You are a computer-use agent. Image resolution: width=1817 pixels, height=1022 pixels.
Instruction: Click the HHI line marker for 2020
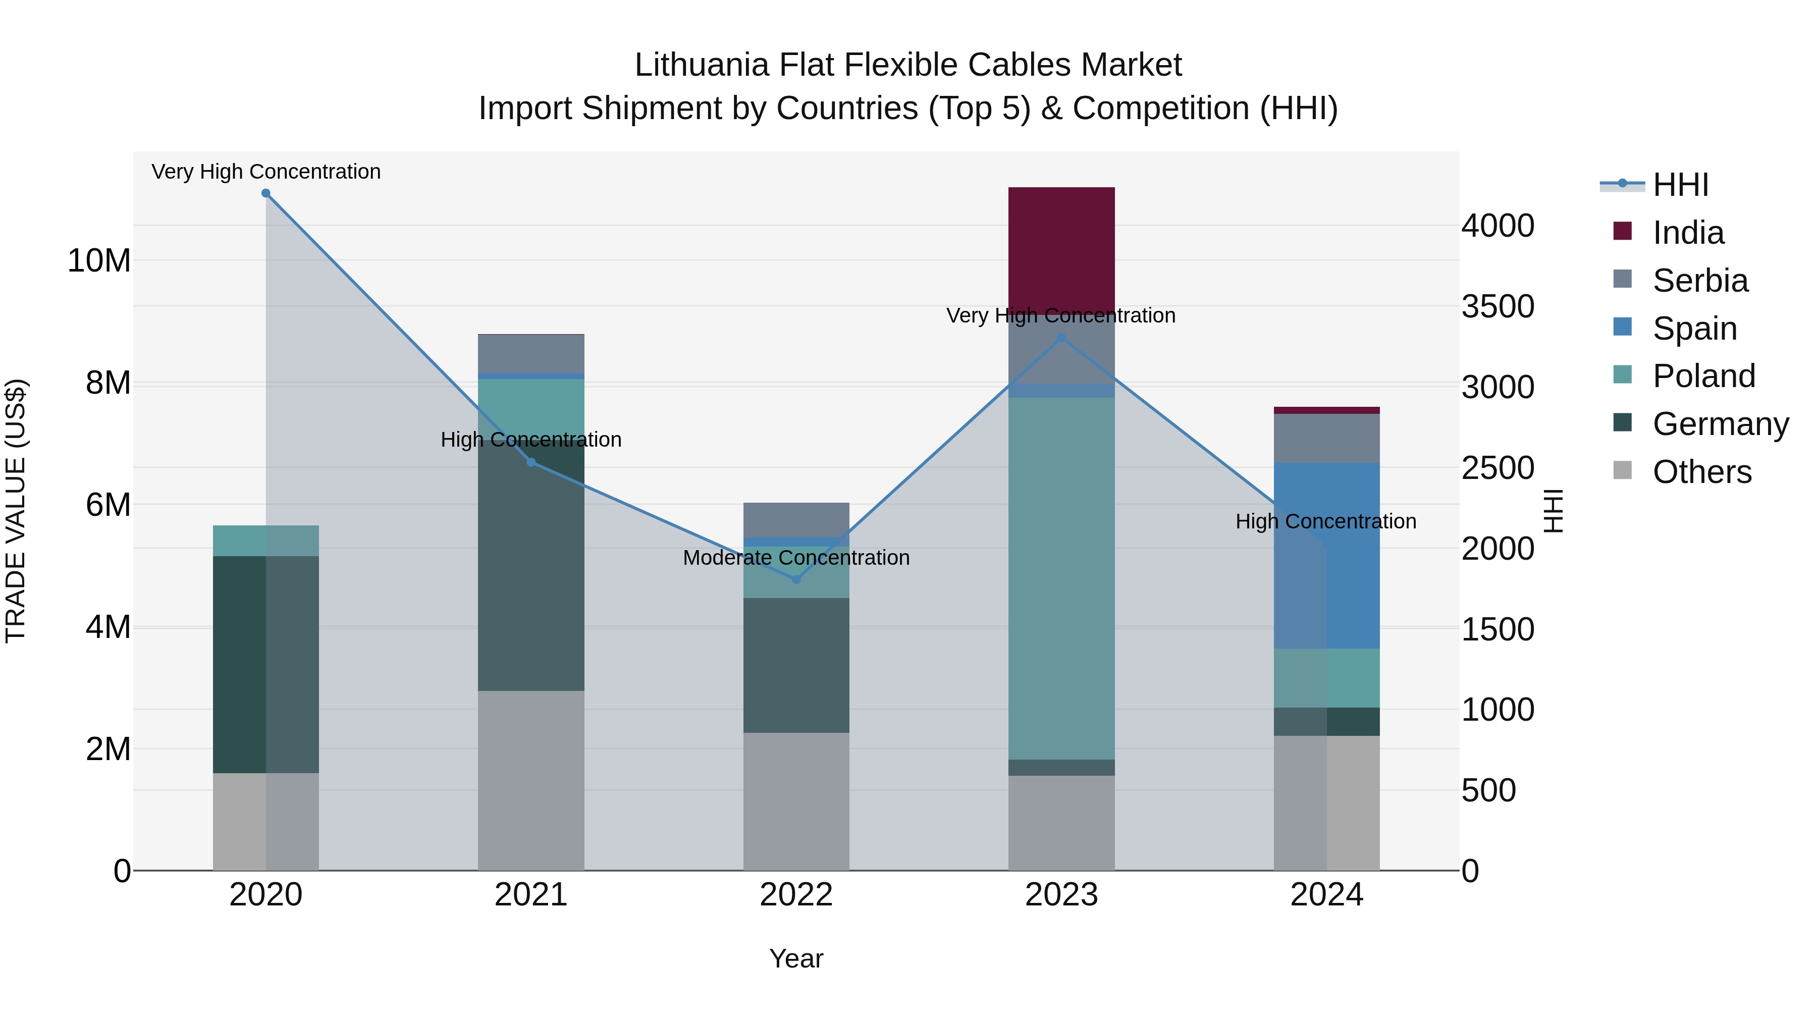(266, 193)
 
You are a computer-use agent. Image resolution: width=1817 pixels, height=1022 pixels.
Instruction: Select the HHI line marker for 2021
(531, 463)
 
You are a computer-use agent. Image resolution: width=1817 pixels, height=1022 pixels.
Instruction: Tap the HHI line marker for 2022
(796, 580)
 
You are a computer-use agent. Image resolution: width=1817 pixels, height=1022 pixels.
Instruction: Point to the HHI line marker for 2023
(1061, 338)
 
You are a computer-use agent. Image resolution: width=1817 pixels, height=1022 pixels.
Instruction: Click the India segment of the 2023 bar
(1061, 250)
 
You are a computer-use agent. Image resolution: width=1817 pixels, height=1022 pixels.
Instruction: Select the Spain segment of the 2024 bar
(1327, 555)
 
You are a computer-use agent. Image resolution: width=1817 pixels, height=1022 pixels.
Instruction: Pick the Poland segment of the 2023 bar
(1061, 578)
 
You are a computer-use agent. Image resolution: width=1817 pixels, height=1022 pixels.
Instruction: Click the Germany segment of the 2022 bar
(796, 665)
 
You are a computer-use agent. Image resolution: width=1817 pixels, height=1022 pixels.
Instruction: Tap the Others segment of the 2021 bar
(531, 780)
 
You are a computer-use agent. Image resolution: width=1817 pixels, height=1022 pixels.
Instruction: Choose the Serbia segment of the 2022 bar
(796, 520)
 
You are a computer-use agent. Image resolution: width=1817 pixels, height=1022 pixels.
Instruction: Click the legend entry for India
(1688, 233)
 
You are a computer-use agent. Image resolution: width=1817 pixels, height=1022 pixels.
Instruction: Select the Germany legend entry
(1720, 424)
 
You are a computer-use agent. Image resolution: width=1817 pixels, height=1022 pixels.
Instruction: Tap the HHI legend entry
(1680, 185)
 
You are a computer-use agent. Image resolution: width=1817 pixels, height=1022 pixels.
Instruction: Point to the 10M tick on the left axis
(99, 261)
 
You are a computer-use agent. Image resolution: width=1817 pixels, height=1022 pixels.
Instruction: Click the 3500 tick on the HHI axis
(1498, 307)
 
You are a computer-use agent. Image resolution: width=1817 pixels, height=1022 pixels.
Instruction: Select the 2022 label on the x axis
(796, 895)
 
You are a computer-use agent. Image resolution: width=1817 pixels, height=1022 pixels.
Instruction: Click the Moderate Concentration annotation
(796, 558)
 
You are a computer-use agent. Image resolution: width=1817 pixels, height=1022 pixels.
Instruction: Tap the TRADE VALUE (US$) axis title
(16, 511)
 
